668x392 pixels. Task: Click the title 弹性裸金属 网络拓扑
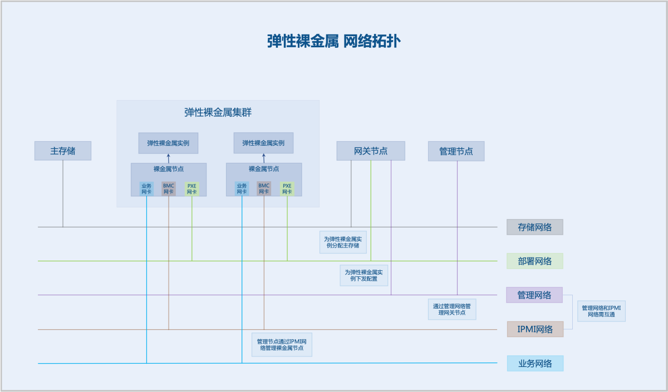pos(333,41)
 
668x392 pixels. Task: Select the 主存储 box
pos(63,151)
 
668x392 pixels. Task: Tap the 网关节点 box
pos(371,151)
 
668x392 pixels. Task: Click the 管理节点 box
pos(456,151)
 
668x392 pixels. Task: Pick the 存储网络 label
pos(534,227)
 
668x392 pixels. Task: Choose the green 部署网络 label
pos(534,261)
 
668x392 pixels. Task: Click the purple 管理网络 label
pos(534,295)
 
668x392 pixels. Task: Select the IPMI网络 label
pos(535,329)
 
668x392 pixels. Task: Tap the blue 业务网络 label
pos(535,364)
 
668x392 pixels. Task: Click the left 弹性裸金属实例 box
pos(168,143)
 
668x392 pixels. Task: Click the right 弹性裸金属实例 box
pos(263,143)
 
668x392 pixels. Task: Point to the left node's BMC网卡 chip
pos(169,188)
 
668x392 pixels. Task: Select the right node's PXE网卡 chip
pos(287,188)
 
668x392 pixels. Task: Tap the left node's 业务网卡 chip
pos(146,188)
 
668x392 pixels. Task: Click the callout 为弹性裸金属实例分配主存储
pos(343,242)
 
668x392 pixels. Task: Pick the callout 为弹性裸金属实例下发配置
pos(364,275)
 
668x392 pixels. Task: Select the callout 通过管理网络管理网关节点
pos(452,309)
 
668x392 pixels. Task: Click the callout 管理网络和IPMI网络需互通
pos(601,311)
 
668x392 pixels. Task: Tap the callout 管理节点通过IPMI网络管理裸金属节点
pos(282,345)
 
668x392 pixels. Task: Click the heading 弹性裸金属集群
pos(218,112)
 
